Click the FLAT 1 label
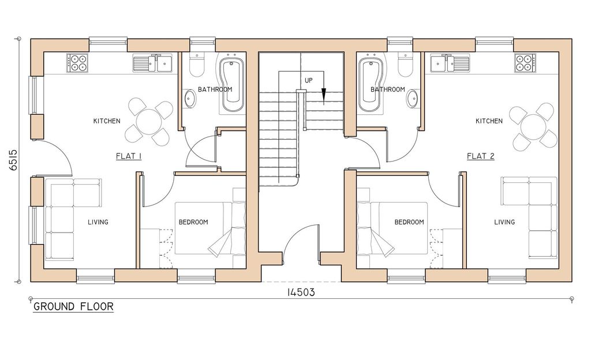click(129, 156)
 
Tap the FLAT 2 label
click(480, 156)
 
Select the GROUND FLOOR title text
click(73, 306)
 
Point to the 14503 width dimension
click(300, 292)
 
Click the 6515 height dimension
click(13, 162)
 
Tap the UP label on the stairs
click(309, 81)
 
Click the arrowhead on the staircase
click(324, 96)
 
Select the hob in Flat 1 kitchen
click(77, 63)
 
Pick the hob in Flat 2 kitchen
click(525, 63)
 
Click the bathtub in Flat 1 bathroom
click(233, 87)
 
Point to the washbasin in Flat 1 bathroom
click(190, 99)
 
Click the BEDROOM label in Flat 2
click(409, 222)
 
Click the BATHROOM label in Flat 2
click(387, 89)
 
